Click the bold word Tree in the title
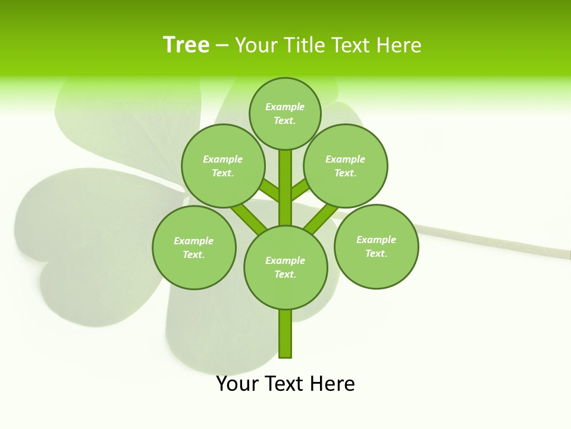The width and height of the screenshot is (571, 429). tap(186, 45)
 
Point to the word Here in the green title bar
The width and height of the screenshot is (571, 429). tap(399, 45)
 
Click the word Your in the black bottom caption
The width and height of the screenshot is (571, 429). tap(237, 384)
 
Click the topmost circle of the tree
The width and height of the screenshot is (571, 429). tap(285, 114)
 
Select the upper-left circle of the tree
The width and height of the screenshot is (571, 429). tap(222, 166)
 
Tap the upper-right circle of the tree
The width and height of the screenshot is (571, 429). tap(345, 166)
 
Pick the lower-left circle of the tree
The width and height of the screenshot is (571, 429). tap(193, 248)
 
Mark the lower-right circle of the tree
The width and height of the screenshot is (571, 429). tap(376, 247)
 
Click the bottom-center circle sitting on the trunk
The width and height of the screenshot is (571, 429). tap(285, 268)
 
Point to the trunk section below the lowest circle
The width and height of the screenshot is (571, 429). tap(285, 334)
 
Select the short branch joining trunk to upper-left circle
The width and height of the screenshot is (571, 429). tap(270, 190)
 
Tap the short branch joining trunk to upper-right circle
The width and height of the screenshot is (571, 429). tap(300, 189)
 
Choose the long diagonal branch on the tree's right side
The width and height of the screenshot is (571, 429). tap(319, 217)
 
